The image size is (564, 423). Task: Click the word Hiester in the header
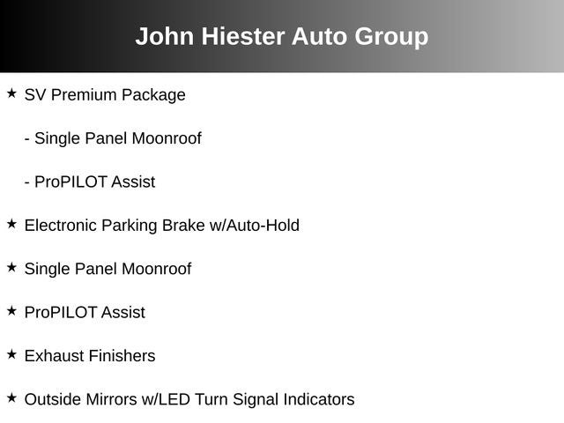point(243,36)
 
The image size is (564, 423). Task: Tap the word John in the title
point(165,36)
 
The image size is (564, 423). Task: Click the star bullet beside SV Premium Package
point(11,93)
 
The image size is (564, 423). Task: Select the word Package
point(153,96)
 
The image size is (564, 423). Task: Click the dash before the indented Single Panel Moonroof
point(27,139)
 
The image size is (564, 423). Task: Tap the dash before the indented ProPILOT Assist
point(27,183)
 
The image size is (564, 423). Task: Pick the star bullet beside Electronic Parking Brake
point(11,224)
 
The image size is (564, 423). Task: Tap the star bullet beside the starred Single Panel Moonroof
point(11,268)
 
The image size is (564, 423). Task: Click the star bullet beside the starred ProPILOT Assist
point(11,311)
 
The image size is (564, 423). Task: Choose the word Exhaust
point(54,356)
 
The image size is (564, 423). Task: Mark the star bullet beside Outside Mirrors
point(11,398)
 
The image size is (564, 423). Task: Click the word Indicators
point(319,399)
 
